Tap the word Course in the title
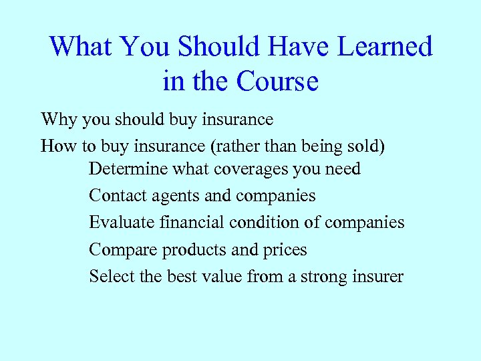pos(277,82)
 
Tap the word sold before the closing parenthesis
pos(364,146)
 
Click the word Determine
pos(128,169)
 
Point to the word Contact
pos(112,196)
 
